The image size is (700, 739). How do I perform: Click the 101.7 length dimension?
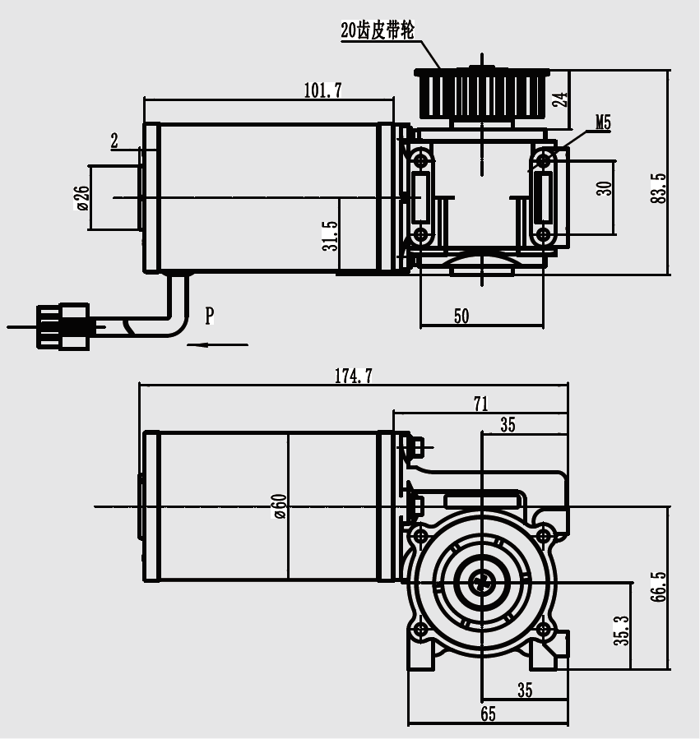[x=322, y=90]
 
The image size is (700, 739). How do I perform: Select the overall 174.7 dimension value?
[x=353, y=376]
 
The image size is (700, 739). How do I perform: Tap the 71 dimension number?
[x=480, y=404]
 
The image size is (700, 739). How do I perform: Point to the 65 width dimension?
[x=488, y=714]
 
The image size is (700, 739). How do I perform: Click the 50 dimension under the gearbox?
[x=461, y=316]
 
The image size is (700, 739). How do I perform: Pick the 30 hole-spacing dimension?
[x=605, y=188]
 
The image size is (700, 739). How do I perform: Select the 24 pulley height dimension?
[x=559, y=99]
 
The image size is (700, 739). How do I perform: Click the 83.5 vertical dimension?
[x=657, y=188]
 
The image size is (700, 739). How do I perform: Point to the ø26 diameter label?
[x=81, y=198]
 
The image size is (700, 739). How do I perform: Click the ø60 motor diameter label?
[x=279, y=506]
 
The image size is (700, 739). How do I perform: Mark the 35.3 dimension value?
[x=621, y=628]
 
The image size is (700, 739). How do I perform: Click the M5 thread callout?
[x=603, y=123]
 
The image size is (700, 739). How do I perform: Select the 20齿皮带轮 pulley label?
[x=378, y=30]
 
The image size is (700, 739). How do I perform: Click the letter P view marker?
[x=210, y=315]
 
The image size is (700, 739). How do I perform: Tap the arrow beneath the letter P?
[x=217, y=344]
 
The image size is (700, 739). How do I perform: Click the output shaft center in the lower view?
[x=481, y=584]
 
